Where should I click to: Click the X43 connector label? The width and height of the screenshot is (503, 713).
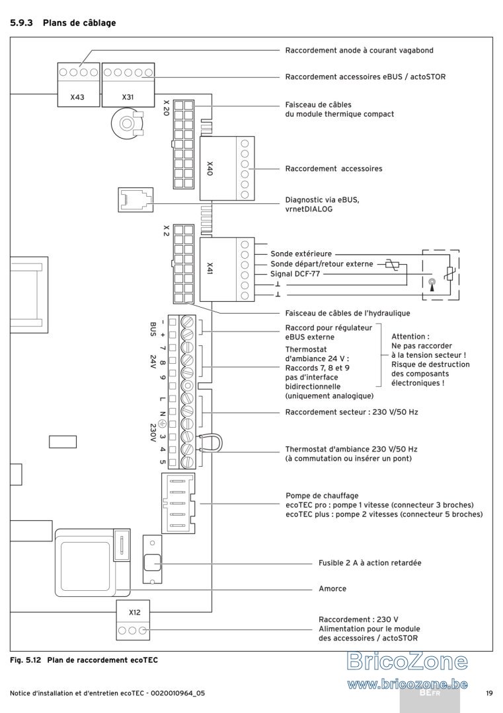point(77,97)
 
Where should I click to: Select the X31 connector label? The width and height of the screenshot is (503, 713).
point(128,97)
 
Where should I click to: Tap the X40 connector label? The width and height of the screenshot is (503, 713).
point(210,168)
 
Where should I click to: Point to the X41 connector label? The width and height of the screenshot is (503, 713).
point(210,268)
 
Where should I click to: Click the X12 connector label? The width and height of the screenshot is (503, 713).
point(134,612)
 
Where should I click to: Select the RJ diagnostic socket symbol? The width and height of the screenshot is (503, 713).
point(135,199)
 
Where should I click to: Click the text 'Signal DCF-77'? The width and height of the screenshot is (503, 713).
point(295,274)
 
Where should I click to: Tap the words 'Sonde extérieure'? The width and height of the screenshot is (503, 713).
point(301,254)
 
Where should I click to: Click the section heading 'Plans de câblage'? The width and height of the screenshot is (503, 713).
point(79,22)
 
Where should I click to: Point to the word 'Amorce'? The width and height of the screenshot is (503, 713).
point(332,588)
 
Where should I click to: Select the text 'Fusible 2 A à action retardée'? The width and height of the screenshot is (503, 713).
point(369,562)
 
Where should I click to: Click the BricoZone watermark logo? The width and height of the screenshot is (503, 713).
point(407,661)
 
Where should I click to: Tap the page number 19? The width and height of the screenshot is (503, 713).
point(489,693)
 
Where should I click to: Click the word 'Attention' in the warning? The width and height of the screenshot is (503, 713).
point(408,337)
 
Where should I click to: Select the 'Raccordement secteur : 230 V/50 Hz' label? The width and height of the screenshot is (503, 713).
point(352,412)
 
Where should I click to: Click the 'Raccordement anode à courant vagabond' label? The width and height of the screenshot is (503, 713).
point(359,50)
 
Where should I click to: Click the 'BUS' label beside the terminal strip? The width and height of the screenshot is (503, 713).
point(153,329)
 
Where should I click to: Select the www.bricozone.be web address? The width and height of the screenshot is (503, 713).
point(407,684)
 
